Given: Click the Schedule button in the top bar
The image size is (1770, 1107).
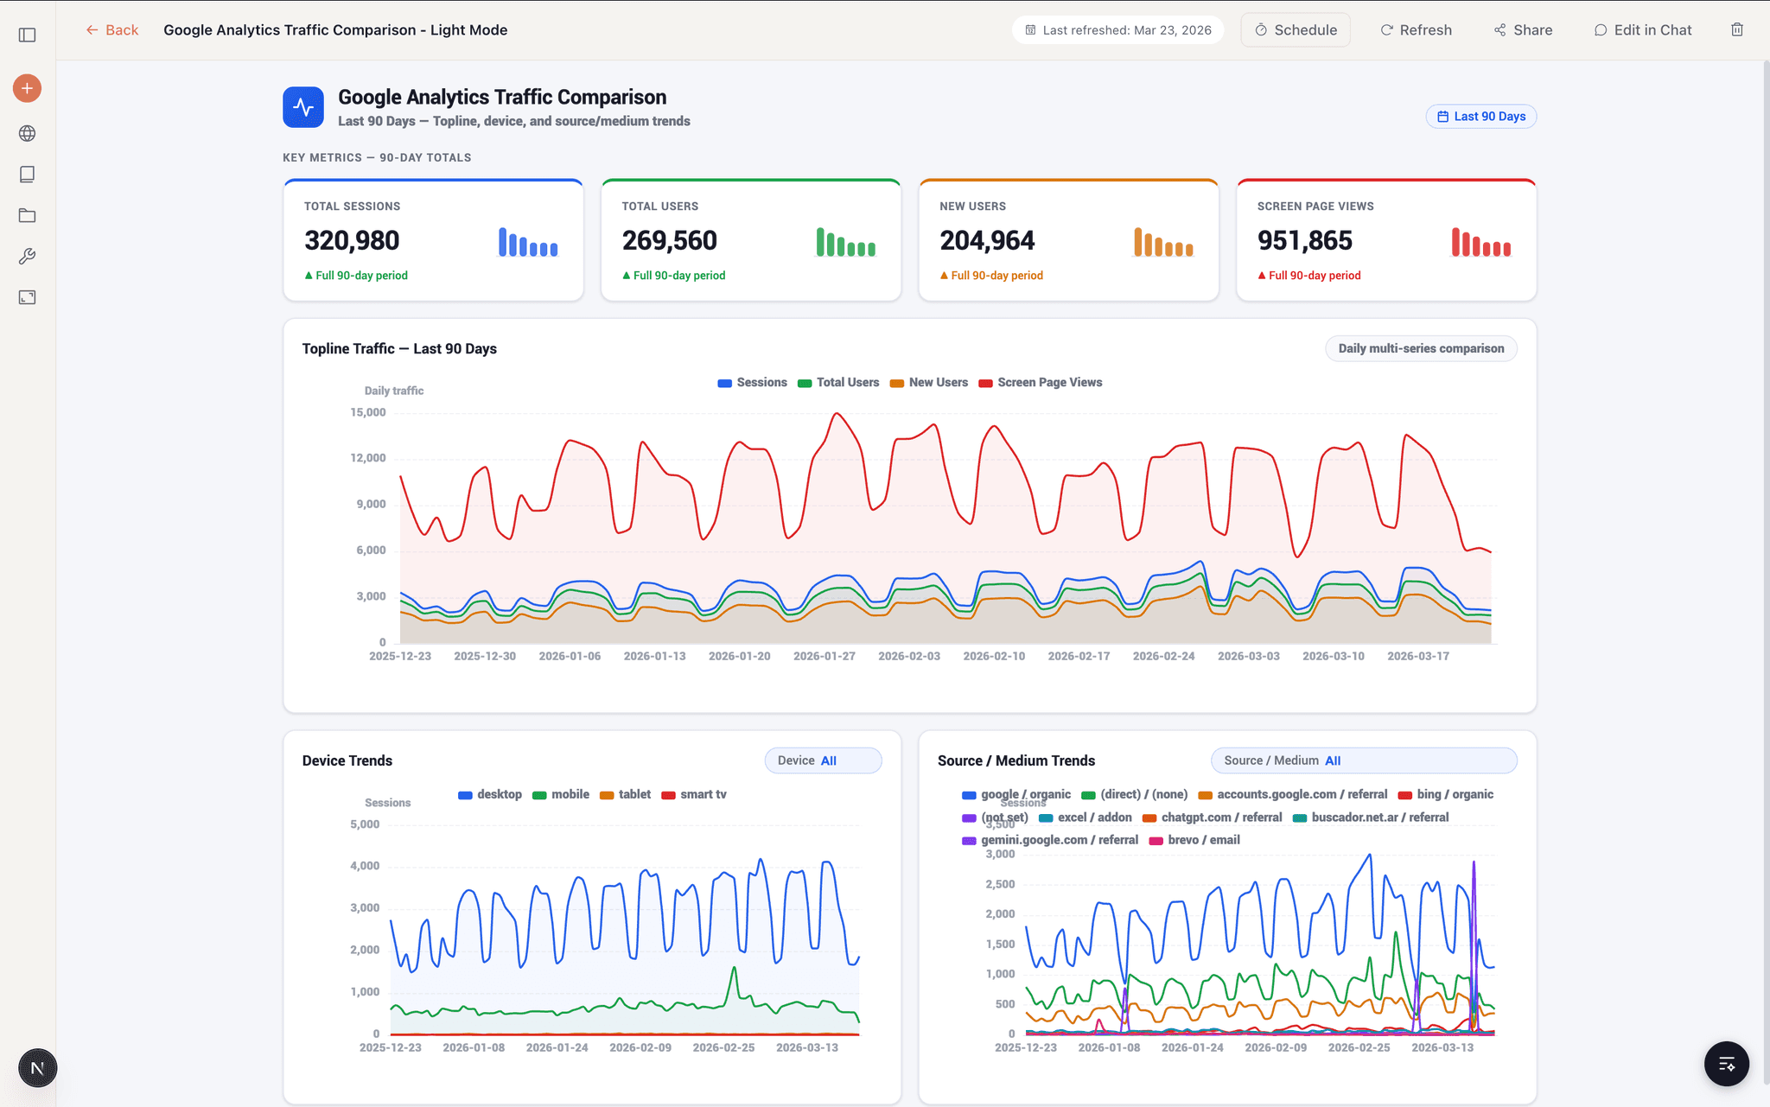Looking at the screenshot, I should point(1295,30).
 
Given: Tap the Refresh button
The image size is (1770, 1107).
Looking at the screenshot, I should point(1416,30).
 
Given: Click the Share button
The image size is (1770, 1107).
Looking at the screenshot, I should point(1523,30).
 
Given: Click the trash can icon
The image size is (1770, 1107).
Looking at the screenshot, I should point(1736,30).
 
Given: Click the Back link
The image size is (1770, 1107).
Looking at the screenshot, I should point(112,30).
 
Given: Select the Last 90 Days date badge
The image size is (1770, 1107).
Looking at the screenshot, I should point(1480,117).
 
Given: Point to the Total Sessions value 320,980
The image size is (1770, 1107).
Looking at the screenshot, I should point(352,240).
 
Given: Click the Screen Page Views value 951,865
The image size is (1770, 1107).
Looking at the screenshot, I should point(1304,240).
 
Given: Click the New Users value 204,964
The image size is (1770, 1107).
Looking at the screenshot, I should point(987,240).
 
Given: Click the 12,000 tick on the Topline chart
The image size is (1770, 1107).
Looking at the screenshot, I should point(368,458).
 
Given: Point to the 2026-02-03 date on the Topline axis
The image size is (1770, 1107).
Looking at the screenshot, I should point(908,657).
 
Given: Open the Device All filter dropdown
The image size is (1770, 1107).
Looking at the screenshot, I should point(823,760).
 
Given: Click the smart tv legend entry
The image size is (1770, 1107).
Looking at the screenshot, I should point(694,795).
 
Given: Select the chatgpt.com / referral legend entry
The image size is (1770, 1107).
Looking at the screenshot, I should point(1212,818).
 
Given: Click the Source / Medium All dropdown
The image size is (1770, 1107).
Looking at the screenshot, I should point(1363,760).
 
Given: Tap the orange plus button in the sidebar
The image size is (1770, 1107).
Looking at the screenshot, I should point(28,88).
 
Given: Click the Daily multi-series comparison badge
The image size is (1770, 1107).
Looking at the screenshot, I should point(1420,349).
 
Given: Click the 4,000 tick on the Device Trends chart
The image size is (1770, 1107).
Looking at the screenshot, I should point(365,866).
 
